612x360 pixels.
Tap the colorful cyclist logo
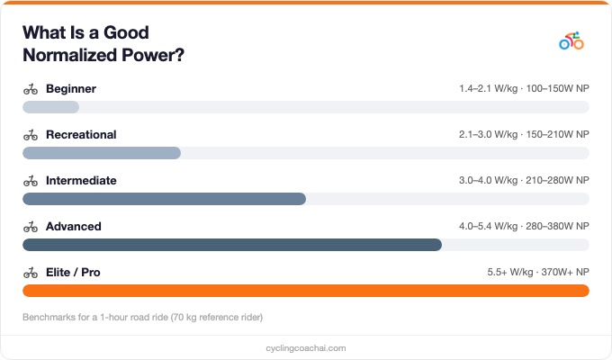click(571, 40)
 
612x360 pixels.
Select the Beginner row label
click(71, 89)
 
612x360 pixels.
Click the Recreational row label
click(81, 135)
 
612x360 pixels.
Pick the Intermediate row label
click(81, 181)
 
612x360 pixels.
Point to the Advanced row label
click(74, 227)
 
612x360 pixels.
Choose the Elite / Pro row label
click(74, 273)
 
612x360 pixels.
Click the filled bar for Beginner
click(50, 107)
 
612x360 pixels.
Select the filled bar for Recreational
click(102, 153)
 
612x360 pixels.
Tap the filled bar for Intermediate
click(164, 199)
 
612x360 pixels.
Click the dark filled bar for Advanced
click(232, 245)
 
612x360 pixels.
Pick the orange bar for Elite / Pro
click(306, 291)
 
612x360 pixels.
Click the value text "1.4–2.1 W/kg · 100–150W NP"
click(523, 89)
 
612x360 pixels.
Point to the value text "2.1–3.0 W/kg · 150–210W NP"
click(523, 135)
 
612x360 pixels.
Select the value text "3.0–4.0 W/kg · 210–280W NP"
click(523, 181)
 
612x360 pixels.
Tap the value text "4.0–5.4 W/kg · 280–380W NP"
click(523, 227)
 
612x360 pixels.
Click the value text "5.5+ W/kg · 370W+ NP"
click(537, 273)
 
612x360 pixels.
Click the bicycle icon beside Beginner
click(31, 89)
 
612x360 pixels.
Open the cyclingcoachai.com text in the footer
click(306, 347)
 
